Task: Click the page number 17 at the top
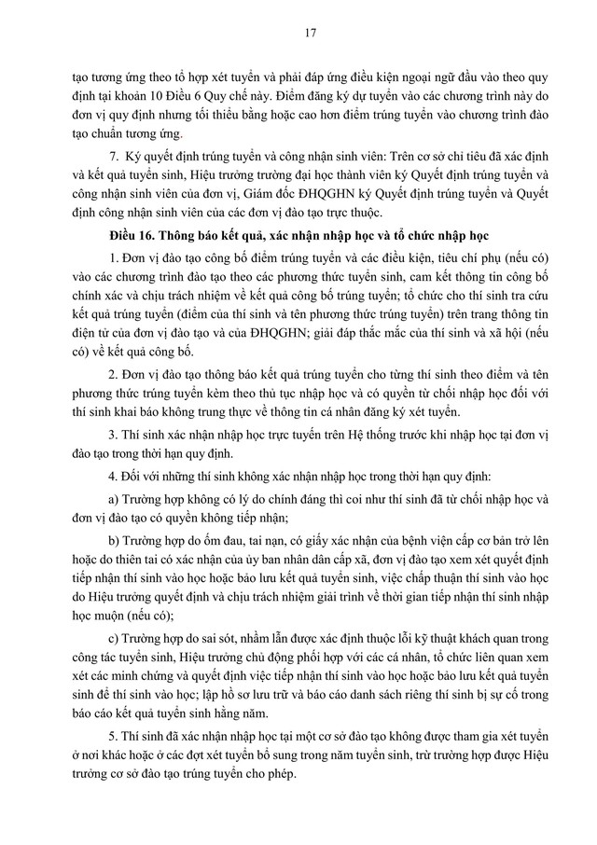click(298, 35)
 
